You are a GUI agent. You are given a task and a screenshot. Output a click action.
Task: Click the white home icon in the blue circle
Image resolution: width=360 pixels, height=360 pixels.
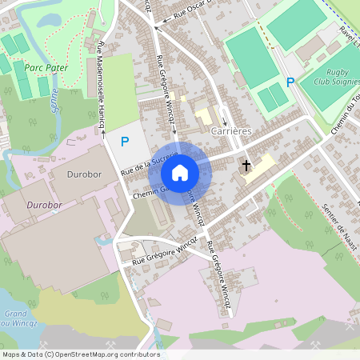coord(180,172)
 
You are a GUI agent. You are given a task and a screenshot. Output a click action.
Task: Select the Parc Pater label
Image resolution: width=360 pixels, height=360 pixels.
coord(46,68)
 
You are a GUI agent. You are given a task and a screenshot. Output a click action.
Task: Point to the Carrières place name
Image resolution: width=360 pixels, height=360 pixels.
coord(231,130)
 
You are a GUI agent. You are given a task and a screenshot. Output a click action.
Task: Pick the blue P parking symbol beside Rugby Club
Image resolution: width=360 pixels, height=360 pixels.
coord(290,82)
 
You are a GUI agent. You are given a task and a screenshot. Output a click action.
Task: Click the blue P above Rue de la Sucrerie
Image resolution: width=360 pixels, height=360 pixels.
coord(124,142)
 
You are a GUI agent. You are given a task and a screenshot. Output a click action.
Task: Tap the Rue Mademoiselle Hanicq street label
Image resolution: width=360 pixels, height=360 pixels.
coord(102,88)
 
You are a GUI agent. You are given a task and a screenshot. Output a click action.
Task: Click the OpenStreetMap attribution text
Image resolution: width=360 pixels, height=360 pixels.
coord(80,354)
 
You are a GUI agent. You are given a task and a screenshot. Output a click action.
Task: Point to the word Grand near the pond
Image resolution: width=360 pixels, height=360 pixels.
coord(14,314)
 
